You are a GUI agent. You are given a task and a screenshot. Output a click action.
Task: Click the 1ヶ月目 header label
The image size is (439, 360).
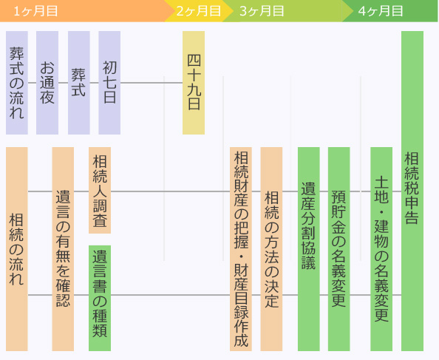(35, 12)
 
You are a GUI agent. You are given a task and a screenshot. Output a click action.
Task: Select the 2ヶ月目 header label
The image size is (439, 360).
(199, 12)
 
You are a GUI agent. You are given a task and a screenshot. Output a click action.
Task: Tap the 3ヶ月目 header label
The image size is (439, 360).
(262, 12)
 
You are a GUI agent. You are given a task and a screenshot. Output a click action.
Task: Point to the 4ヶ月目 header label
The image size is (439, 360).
(381, 12)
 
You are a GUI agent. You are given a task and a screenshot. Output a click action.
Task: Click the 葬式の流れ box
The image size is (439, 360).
(17, 83)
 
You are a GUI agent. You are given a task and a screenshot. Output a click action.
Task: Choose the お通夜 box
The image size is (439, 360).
(47, 83)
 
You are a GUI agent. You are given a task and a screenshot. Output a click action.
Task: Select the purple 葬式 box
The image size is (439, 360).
(78, 83)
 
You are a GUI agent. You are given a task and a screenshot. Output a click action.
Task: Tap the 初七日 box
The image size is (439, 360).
(109, 83)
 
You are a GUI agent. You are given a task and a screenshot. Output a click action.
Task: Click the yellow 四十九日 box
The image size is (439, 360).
(194, 83)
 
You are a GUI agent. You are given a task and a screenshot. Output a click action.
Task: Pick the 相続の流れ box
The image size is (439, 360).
(17, 249)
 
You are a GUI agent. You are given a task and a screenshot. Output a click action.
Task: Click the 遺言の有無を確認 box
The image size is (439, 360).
(63, 249)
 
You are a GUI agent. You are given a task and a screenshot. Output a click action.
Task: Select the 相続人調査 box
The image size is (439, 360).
(100, 191)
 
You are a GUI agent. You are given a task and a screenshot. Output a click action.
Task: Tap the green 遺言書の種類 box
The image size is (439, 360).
(100, 298)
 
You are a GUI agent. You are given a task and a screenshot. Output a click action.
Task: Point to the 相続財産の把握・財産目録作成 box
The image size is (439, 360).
(241, 249)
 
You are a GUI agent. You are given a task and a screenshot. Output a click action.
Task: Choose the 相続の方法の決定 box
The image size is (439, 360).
(271, 249)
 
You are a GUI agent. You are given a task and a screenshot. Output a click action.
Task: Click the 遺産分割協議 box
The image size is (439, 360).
(308, 249)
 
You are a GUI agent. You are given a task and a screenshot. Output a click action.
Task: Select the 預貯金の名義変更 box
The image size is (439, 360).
(338, 249)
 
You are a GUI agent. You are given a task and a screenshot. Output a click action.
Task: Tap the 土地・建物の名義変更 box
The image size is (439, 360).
(381, 249)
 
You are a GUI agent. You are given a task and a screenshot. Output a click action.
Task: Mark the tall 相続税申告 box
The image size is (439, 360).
(412, 191)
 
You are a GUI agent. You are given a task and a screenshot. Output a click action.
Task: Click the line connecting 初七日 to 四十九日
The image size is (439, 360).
(152, 83)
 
